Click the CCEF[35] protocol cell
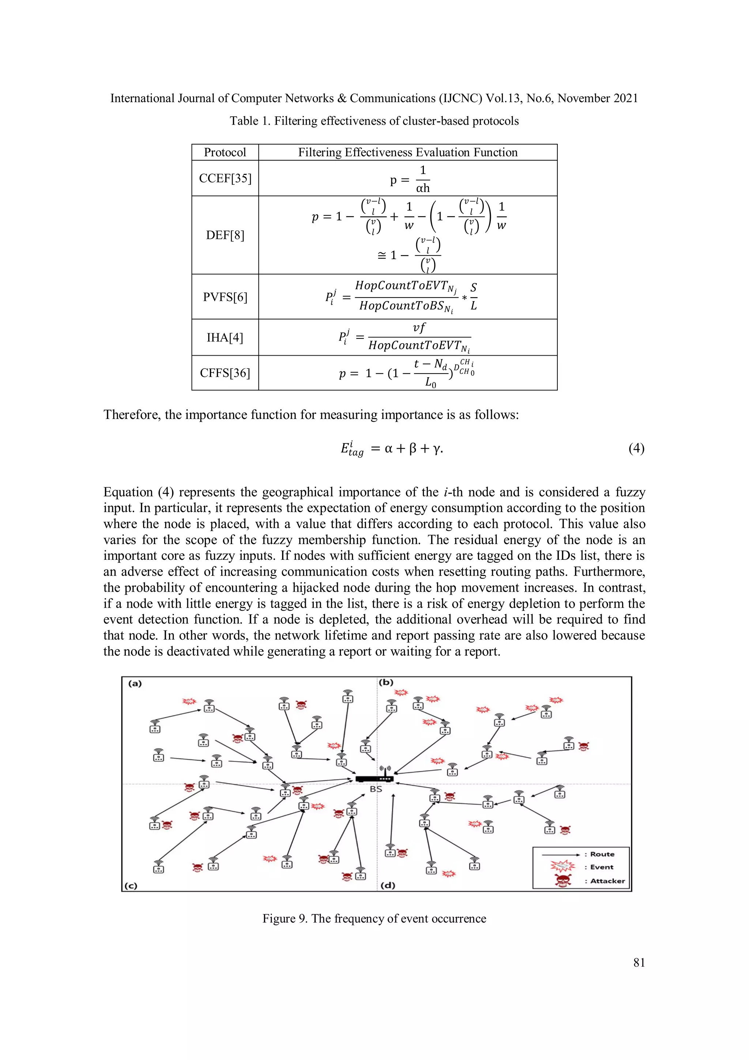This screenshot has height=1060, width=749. pyautogui.click(x=225, y=178)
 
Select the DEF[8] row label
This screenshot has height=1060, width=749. pyautogui.click(x=225, y=235)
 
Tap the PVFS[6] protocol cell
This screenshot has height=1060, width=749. pyautogui.click(x=225, y=297)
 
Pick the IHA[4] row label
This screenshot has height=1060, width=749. pyautogui.click(x=225, y=337)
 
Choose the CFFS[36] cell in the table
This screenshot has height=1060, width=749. pyautogui.click(x=225, y=372)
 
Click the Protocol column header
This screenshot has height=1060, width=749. pyautogui.click(x=225, y=152)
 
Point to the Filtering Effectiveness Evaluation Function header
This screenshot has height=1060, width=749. pyautogui.click(x=407, y=152)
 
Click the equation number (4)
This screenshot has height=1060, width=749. pyautogui.click(x=636, y=448)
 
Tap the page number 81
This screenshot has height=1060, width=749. pyautogui.click(x=639, y=963)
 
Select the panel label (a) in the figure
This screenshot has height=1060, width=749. pyautogui.click(x=135, y=684)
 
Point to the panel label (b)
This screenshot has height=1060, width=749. pyautogui.click(x=386, y=682)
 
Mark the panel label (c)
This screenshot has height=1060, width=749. pyautogui.click(x=131, y=886)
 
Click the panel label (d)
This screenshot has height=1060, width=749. pyautogui.click(x=388, y=885)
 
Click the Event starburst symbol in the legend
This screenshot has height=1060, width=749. pyautogui.click(x=562, y=867)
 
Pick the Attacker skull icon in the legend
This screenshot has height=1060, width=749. pyautogui.click(x=562, y=881)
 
